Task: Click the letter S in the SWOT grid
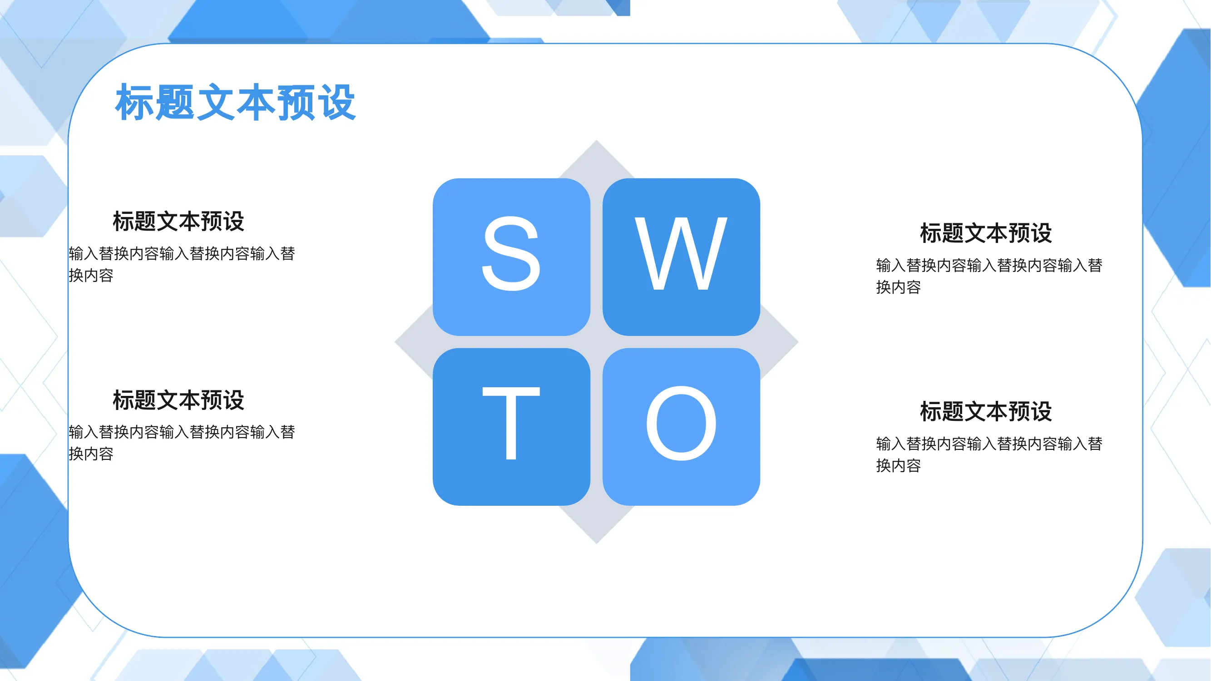click(511, 254)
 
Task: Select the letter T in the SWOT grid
click(511, 423)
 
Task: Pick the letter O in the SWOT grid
click(681, 423)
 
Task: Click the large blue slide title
click(236, 103)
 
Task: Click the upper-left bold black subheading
click(178, 221)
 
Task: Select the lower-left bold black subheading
click(178, 400)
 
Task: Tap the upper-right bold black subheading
click(986, 232)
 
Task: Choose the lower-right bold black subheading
click(986, 411)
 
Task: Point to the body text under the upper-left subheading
click(182, 264)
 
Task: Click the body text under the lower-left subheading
click(182, 442)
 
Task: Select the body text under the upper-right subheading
click(989, 276)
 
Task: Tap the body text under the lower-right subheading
click(989, 454)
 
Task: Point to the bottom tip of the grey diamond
click(597, 543)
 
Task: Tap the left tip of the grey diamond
click(395, 342)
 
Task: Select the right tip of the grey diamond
click(798, 342)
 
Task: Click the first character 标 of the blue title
click(134, 103)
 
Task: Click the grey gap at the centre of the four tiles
click(597, 342)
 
